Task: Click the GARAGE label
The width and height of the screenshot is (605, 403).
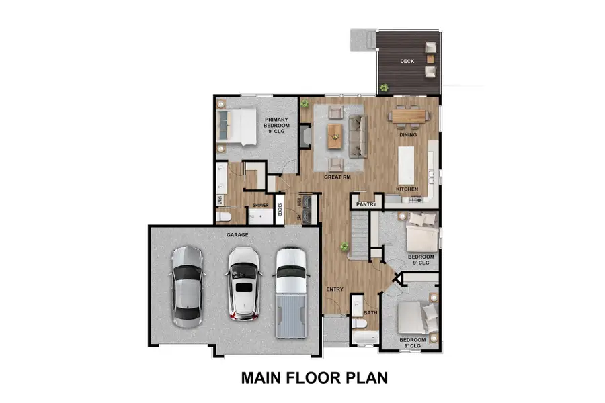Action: click(x=237, y=235)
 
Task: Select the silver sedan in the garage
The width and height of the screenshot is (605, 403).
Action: click(x=186, y=285)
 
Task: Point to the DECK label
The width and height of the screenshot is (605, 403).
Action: click(x=407, y=61)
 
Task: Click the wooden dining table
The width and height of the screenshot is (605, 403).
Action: click(x=409, y=117)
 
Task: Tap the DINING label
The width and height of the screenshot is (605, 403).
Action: click(x=408, y=135)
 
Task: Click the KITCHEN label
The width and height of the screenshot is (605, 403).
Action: click(x=407, y=189)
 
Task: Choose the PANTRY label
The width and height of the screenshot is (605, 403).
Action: click(x=366, y=204)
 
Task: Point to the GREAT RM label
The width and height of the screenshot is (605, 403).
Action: click(x=337, y=177)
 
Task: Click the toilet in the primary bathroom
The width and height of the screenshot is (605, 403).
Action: click(x=224, y=216)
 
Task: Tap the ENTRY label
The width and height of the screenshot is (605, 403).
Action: click(x=335, y=289)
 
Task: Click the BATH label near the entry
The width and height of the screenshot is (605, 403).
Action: click(x=370, y=313)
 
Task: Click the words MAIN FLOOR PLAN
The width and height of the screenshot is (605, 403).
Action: click(x=315, y=377)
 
